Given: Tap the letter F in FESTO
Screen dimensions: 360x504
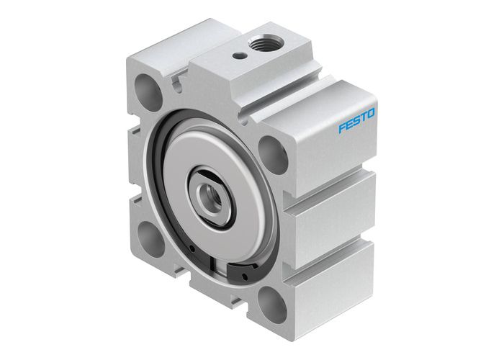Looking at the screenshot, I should click(342, 130).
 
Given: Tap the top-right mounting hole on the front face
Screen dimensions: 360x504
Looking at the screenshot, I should click(270, 150).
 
